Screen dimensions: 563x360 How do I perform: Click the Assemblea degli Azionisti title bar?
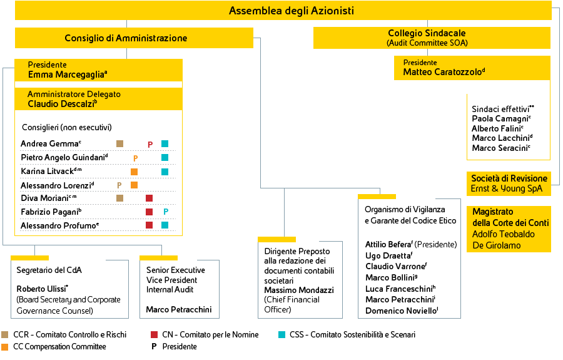(x=283, y=11)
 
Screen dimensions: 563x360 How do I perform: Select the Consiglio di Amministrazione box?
(x=134, y=38)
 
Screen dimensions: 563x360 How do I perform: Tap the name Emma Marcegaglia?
(x=66, y=75)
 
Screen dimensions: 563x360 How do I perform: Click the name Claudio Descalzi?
(x=61, y=104)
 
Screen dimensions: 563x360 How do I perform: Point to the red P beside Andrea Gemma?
(x=150, y=145)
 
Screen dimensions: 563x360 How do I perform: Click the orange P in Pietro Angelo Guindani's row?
(x=135, y=158)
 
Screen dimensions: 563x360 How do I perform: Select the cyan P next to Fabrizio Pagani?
(x=166, y=212)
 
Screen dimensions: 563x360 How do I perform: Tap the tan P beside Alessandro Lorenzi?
(x=119, y=185)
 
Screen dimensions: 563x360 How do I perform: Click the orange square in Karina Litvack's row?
(x=134, y=172)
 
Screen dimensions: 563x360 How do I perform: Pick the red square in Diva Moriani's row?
(x=150, y=198)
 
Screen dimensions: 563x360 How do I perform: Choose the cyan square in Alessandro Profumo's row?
(x=165, y=225)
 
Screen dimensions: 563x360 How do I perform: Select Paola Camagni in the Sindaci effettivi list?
(x=500, y=118)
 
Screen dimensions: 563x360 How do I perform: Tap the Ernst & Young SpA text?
(x=506, y=188)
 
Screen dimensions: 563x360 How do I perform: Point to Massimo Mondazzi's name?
(x=299, y=290)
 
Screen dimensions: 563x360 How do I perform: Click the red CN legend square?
(x=154, y=335)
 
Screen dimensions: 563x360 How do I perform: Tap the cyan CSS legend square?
(x=282, y=335)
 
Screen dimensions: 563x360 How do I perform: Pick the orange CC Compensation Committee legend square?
(x=4, y=347)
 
